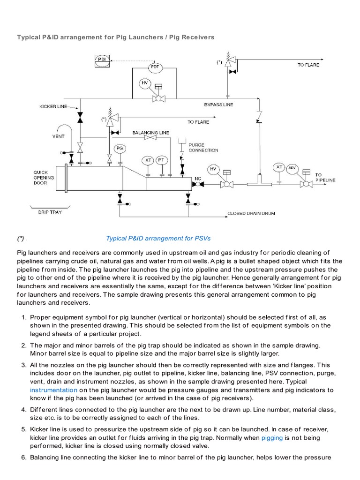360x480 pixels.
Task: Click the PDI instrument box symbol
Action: click(101, 60)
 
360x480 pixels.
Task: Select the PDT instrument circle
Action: click(155, 67)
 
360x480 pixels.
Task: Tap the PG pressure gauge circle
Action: click(120, 148)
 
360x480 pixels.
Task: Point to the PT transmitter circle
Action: click(162, 160)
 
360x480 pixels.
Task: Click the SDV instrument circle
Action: click(292, 167)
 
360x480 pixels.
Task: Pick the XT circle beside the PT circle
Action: click(148, 160)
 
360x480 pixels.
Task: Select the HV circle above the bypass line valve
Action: click(145, 83)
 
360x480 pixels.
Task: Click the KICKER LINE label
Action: click(53, 106)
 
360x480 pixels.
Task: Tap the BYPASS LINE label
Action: click(218, 104)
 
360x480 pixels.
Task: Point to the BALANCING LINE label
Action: click(150, 133)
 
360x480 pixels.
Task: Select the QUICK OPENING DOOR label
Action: click(44, 178)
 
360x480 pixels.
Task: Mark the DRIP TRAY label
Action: click(50, 212)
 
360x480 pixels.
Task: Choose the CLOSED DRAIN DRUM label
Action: click(251, 213)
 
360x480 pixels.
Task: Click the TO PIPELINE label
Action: click(325, 177)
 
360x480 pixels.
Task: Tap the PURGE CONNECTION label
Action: click(203, 147)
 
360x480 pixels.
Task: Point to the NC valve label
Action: click(197, 179)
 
